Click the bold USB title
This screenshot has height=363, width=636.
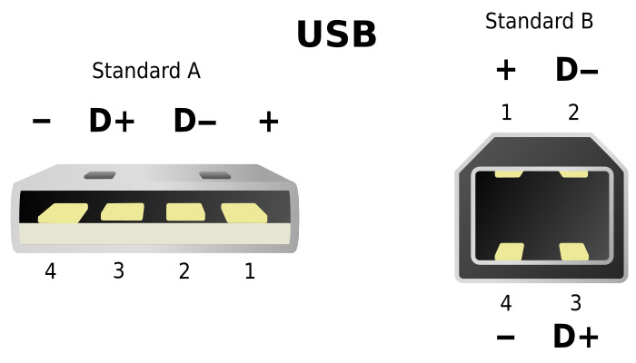(x=337, y=34)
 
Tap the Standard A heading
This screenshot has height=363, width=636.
(x=146, y=71)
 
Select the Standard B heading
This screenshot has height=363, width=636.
(x=539, y=21)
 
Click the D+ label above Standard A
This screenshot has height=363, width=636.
(x=112, y=121)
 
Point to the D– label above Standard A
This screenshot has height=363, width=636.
(x=194, y=121)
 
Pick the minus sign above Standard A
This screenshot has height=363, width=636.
(x=42, y=121)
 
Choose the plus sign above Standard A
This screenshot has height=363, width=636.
(x=269, y=121)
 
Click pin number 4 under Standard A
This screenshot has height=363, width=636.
(x=50, y=270)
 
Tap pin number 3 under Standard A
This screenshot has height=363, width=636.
(x=118, y=270)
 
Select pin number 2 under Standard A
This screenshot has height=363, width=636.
(x=184, y=270)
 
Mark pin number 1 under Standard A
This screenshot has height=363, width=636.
(x=250, y=270)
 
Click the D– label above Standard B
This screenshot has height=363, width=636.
(x=576, y=70)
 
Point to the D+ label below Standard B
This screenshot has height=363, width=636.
(x=575, y=336)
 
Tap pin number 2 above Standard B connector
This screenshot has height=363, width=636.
(x=573, y=113)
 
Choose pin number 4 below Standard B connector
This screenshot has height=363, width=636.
(x=506, y=303)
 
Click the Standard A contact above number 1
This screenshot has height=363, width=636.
(x=244, y=213)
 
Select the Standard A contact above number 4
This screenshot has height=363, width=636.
(x=63, y=213)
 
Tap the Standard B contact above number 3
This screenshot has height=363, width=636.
(x=573, y=251)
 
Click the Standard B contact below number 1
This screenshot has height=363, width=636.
(x=509, y=174)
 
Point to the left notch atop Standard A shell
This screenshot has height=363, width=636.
(x=100, y=175)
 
